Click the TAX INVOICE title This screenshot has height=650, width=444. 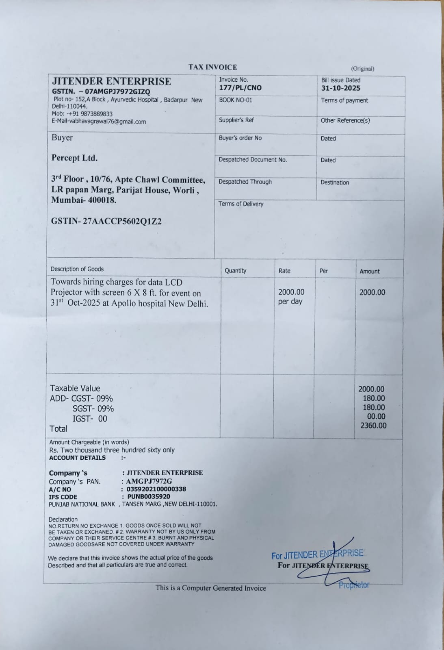(x=212, y=67)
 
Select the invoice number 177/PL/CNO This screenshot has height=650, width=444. (x=240, y=88)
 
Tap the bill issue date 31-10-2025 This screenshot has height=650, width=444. (x=340, y=88)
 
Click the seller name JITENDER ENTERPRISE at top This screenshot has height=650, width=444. (x=111, y=81)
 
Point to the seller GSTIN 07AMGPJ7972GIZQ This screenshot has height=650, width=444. (x=117, y=91)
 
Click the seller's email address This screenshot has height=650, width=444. (x=99, y=122)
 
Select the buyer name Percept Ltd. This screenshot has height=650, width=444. (x=74, y=158)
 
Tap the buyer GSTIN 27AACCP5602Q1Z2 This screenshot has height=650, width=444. (x=106, y=221)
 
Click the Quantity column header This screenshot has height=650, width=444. (x=235, y=271)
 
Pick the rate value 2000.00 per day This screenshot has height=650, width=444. (x=291, y=297)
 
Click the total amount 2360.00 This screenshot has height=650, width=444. (x=373, y=426)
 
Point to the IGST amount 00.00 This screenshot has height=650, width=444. (x=376, y=416)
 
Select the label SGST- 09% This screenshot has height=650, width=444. (x=93, y=409)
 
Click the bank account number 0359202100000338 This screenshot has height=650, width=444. (x=156, y=489)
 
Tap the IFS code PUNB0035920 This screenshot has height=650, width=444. (x=149, y=496)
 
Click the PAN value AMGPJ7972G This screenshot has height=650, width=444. (x=149, y=481)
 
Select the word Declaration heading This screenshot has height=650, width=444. (x=63, y=519)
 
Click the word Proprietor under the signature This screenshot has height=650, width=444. (x=354, y=585)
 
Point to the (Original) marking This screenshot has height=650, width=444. (x=362, y=69)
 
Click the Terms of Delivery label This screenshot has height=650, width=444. (x=241, y=204)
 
